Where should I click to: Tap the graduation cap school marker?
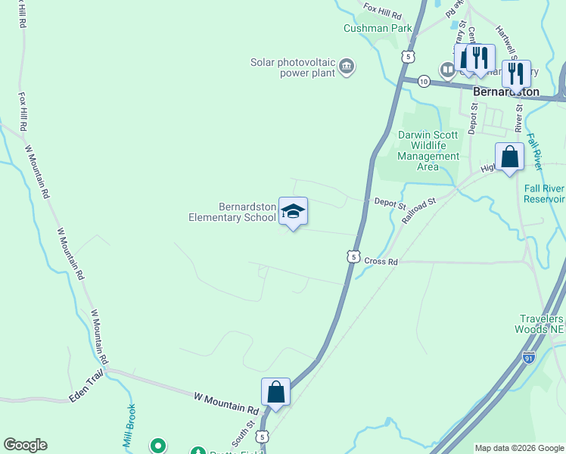coord(293,211)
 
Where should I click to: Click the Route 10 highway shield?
coord(424,81)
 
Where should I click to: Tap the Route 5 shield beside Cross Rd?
coord(353,257)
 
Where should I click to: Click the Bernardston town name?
coord(506,92)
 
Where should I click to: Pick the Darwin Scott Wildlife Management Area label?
coord(428,151)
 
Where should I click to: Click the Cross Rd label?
coord(381,261)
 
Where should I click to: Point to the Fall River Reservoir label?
coord(545,194)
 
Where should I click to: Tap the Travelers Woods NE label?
coord(540,324)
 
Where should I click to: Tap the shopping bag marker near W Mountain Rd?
coord(275,393)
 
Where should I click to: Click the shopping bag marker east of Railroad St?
coord(509,157)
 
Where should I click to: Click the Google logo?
coord(25,445)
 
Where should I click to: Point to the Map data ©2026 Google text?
coord(519,448)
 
